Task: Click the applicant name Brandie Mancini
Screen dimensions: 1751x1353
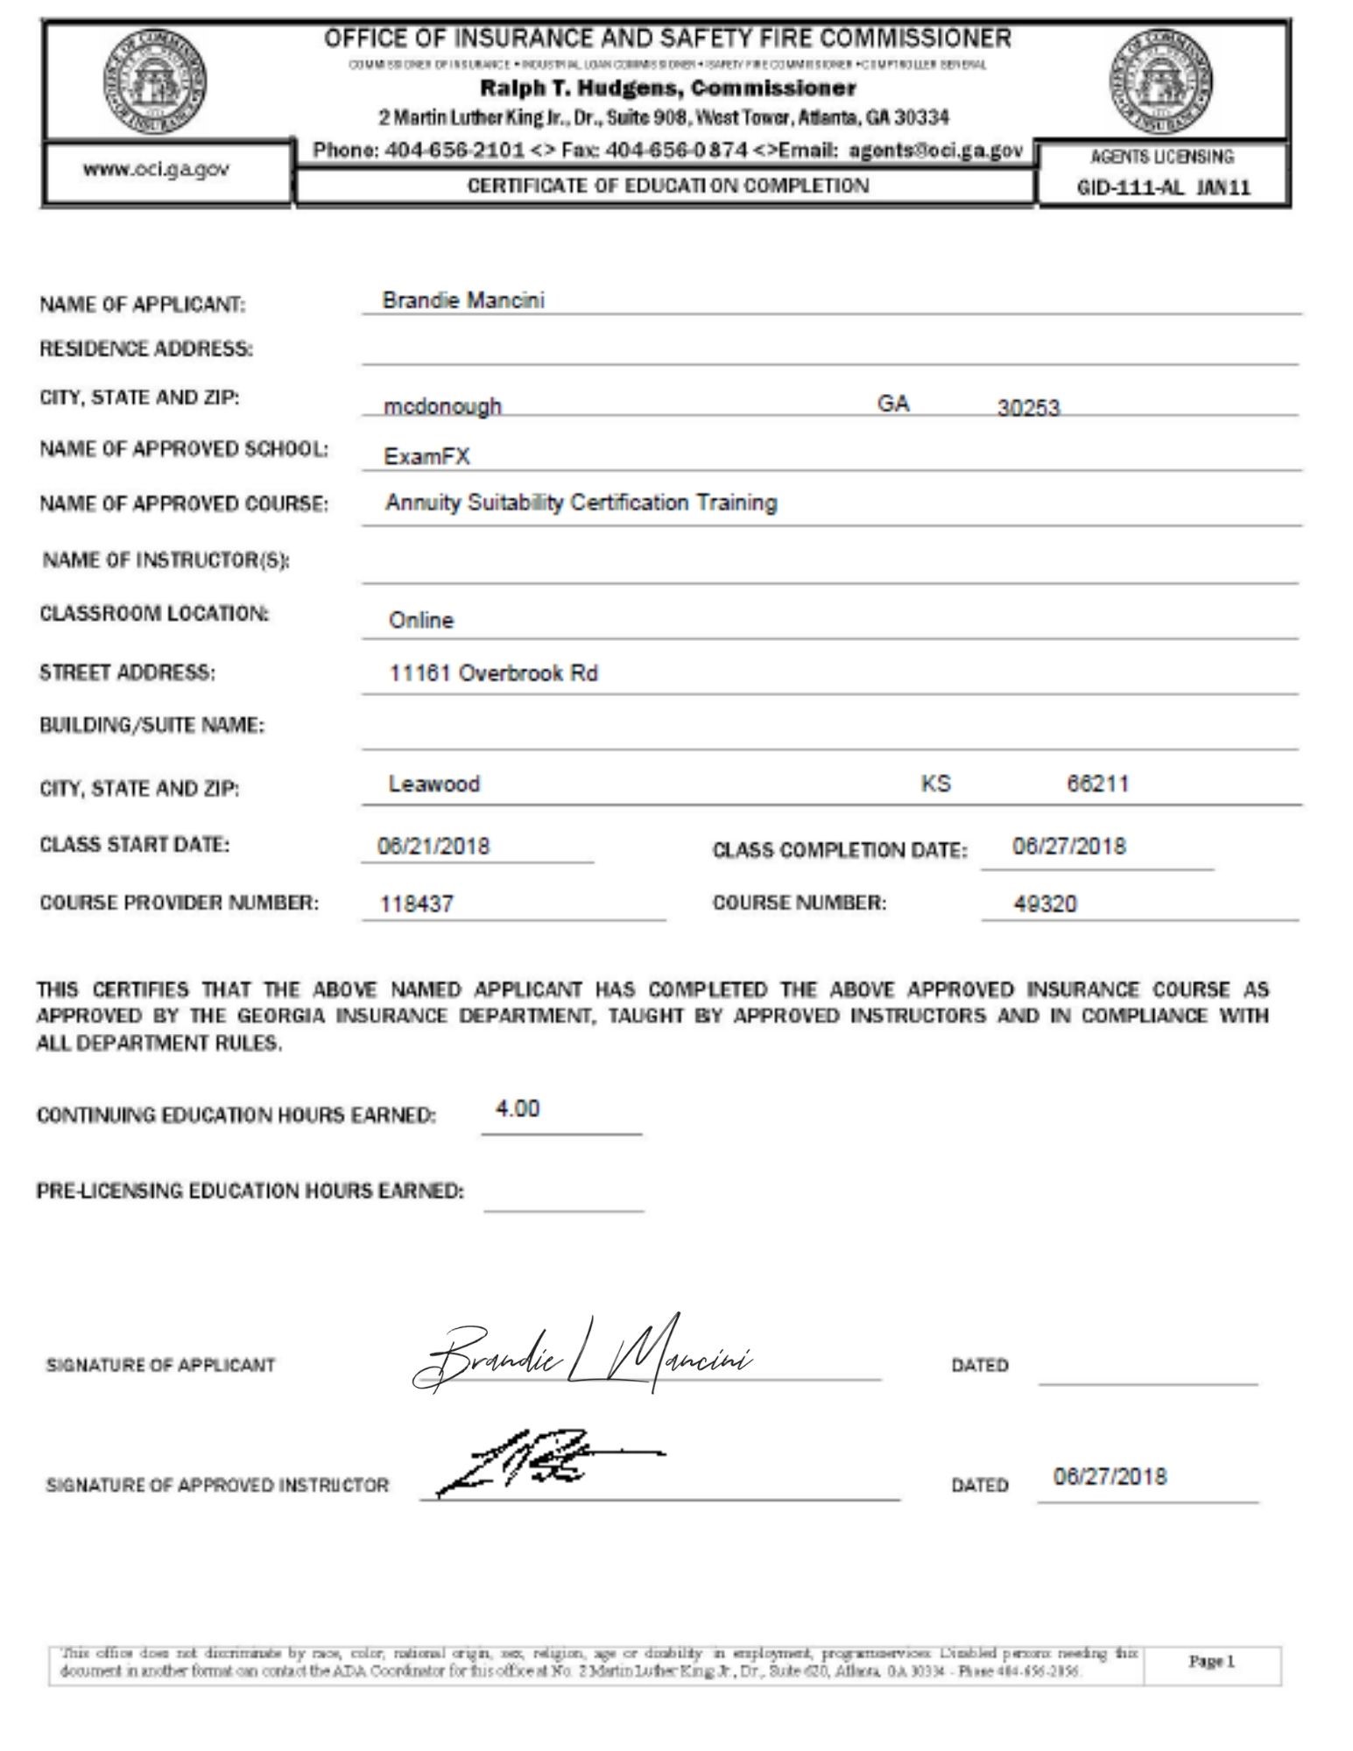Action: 463,300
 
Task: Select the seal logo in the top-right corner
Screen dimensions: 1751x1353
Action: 1162,81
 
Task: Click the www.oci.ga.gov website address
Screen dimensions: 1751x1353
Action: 157,170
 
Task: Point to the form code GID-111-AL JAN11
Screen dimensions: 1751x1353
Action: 1164,187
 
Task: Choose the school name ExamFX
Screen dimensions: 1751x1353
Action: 426,456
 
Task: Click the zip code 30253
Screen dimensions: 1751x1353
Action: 1028,408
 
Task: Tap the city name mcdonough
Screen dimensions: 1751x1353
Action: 442,406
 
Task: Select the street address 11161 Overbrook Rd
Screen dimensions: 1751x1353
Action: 493,673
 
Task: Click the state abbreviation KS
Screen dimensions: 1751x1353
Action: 935,783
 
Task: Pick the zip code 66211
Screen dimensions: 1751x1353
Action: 1097,783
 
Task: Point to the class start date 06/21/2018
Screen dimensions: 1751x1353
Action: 433,847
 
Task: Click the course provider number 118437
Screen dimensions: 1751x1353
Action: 417,904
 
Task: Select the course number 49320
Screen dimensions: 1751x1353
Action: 1045,904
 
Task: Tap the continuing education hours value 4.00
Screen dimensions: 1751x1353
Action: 518,1108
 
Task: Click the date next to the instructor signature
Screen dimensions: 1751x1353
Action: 1110,1477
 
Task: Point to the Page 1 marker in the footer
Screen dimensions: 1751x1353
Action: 1211,1662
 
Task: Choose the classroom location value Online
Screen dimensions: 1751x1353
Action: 421,621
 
